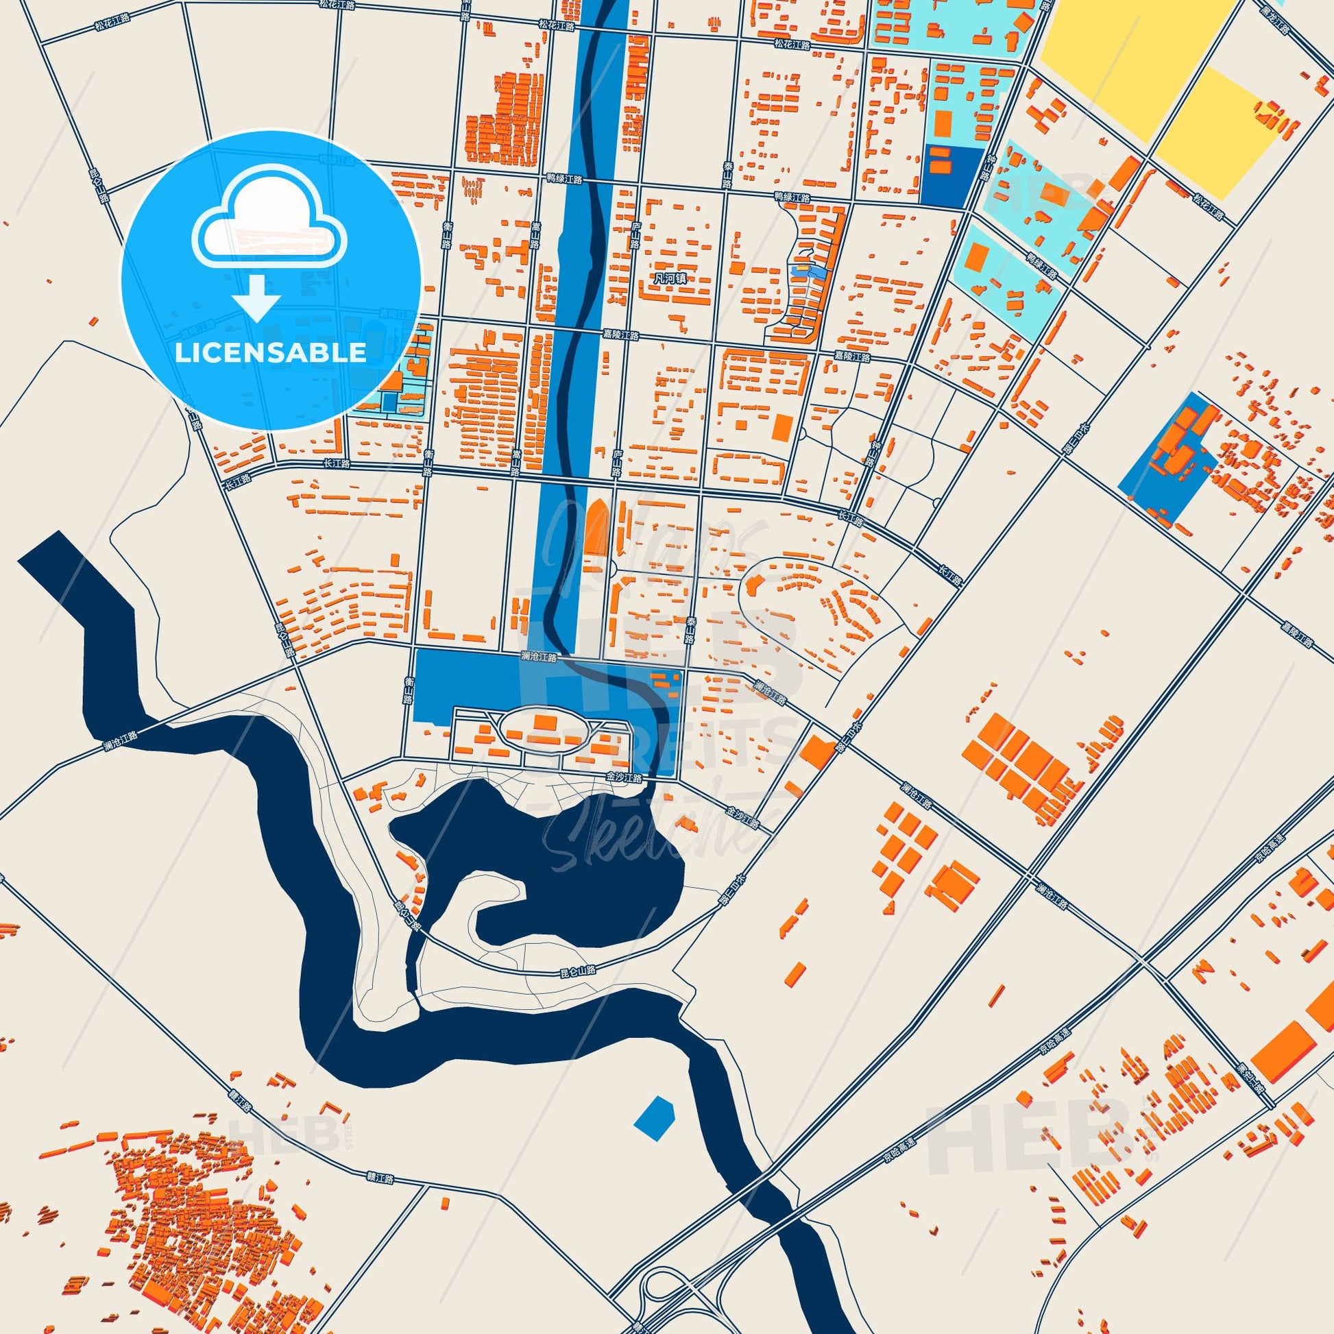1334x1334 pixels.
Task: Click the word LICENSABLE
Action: pos(271,353)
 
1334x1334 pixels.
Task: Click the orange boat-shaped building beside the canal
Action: pos(596,529)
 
